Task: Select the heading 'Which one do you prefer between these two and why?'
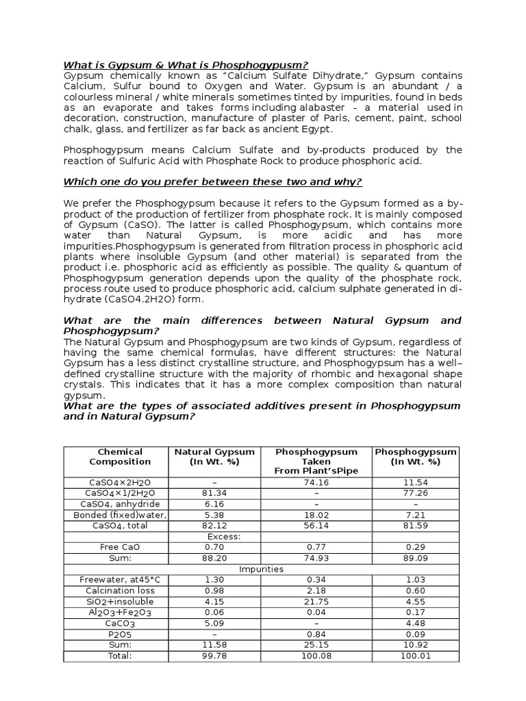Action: [x=212, y=181]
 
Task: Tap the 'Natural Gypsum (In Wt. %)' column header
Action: [x=214, y=457]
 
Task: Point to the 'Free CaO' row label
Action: [x=115, y=548]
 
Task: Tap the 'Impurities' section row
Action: [x=261, y=569]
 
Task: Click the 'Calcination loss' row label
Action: [x=115, y=591]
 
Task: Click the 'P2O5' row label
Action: [x=115, y=635]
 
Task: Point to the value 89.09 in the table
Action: [x=416, y=559]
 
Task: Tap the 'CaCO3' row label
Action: [x=115, y=624]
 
